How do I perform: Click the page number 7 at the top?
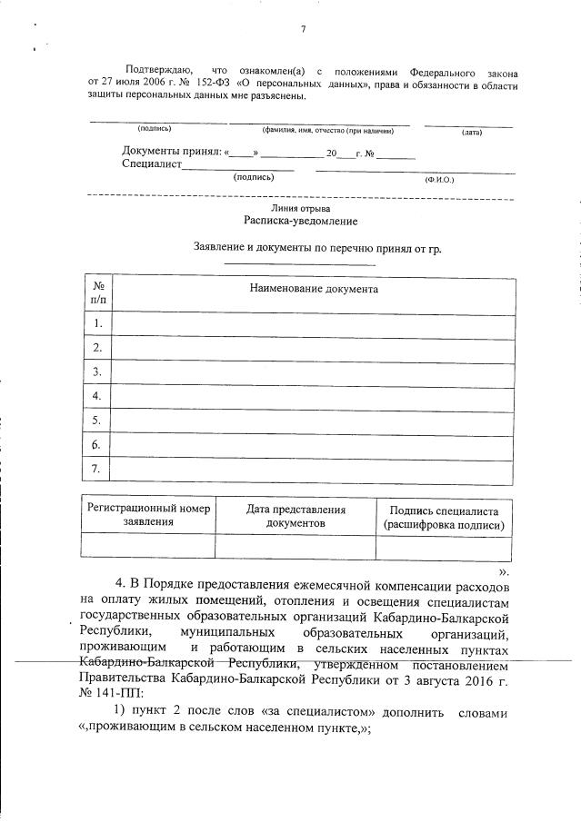click(303, 29)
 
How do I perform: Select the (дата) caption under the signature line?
click(471, 133)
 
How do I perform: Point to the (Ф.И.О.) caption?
click(438, 179)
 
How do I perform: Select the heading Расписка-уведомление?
click(300, 221)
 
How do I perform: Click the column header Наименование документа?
click(314, 289)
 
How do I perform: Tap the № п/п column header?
click(97, 290)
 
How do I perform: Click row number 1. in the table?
click(97, 323)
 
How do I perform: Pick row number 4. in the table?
click(97, 396)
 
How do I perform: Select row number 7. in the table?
click(97, 468)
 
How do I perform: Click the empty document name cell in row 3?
click(314, 371)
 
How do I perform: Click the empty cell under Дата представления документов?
click(296, 546)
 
